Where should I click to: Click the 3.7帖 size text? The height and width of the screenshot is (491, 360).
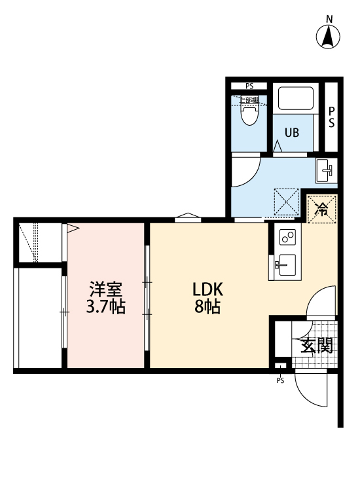click(105, 306)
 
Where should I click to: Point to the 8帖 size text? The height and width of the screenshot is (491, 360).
click(207, 306)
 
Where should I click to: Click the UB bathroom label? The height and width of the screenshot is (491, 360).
click(291, 133)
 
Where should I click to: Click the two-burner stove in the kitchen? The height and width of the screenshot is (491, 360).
click(287, 237)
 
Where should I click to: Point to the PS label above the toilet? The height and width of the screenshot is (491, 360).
click(249, 86)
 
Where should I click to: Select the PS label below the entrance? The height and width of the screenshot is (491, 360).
click(281, 380)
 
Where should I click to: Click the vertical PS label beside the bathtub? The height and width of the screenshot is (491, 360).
click(332, 117)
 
